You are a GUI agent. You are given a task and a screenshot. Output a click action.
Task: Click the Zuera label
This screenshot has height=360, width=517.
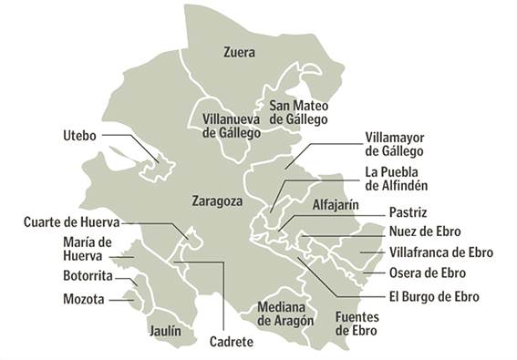click(x=240, y=53)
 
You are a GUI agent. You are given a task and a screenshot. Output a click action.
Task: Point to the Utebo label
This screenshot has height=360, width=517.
click(x=79, y=135)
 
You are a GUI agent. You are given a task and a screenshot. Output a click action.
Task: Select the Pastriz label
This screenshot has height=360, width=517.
click(x=407, y=212)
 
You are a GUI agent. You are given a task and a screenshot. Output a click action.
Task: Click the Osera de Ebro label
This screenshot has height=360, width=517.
click(x=427, y=273)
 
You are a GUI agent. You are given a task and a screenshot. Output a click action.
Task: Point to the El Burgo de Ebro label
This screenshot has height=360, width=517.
click(x=433, y=296)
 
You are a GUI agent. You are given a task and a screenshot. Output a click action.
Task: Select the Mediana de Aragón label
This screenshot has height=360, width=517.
click(x=285, y=314)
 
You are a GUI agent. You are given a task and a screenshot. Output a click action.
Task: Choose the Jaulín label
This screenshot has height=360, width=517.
click(x=165, y=332)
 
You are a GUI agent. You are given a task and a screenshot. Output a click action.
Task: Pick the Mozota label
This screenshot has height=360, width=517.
click(x=84, y=298)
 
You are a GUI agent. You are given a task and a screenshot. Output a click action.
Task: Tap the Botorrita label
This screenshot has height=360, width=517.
click(x=88, y=275)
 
